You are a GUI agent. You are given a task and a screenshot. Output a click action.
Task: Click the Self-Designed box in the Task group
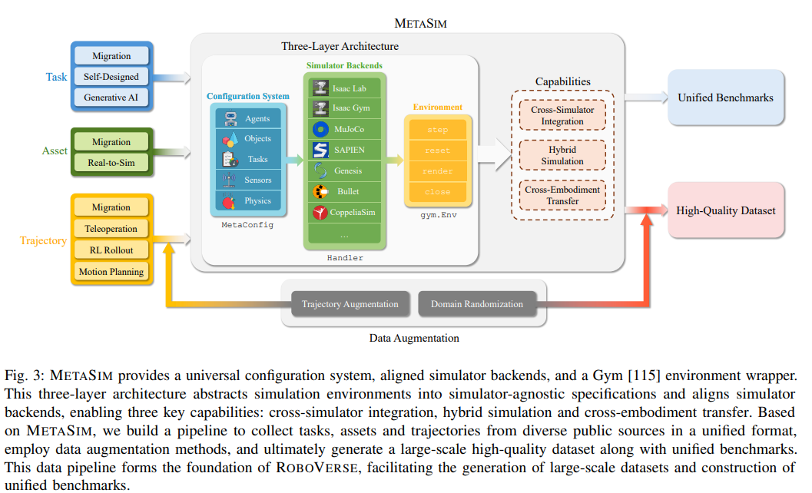click(111, 77)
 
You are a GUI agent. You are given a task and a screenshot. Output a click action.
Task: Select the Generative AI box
click(111, 98)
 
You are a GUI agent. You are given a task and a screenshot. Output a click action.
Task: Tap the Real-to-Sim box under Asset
click(111, 163)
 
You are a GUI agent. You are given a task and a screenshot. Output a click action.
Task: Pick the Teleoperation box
click(111, 228)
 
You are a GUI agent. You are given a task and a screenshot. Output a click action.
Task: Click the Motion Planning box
click(111, 271)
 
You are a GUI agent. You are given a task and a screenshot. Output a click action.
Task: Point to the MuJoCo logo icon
click(320, 129)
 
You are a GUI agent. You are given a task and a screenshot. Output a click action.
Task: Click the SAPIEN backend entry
click(345, 150)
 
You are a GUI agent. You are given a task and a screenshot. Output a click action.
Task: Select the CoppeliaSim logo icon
click(320, 212)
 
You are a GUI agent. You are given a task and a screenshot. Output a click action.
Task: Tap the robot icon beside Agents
click(230, 118)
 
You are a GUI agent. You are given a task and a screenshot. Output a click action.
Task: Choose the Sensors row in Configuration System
click(249, 180)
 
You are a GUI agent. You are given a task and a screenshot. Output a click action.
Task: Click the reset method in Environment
click(438, 151)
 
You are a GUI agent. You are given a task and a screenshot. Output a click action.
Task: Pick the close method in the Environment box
click(438, 192)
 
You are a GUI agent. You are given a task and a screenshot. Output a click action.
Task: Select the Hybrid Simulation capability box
click(562, 155)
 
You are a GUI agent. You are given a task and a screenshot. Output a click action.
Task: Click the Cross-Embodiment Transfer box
click(562, 195)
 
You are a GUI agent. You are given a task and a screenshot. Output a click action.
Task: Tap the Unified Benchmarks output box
click(725, 98)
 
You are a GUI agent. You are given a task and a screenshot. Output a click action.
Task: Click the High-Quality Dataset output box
click(725, 210)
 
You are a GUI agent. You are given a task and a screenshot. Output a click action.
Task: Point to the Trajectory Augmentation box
click(350, 304)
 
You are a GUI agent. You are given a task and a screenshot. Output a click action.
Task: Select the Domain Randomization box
click(477, 304)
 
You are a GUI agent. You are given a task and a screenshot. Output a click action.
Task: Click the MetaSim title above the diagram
click(420, 23)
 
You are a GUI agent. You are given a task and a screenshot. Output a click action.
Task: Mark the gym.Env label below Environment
click(439, 215)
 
